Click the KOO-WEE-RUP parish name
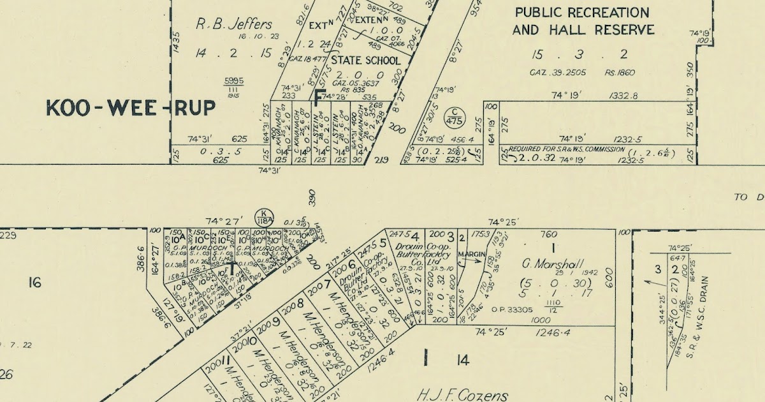pos(131,108)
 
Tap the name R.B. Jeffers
pos(234,24)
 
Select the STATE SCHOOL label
pos(365,61)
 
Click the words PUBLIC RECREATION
pos(582,13)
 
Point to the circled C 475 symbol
pos(455,117)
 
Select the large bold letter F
pos(320,96)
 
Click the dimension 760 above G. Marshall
pos(549,233)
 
